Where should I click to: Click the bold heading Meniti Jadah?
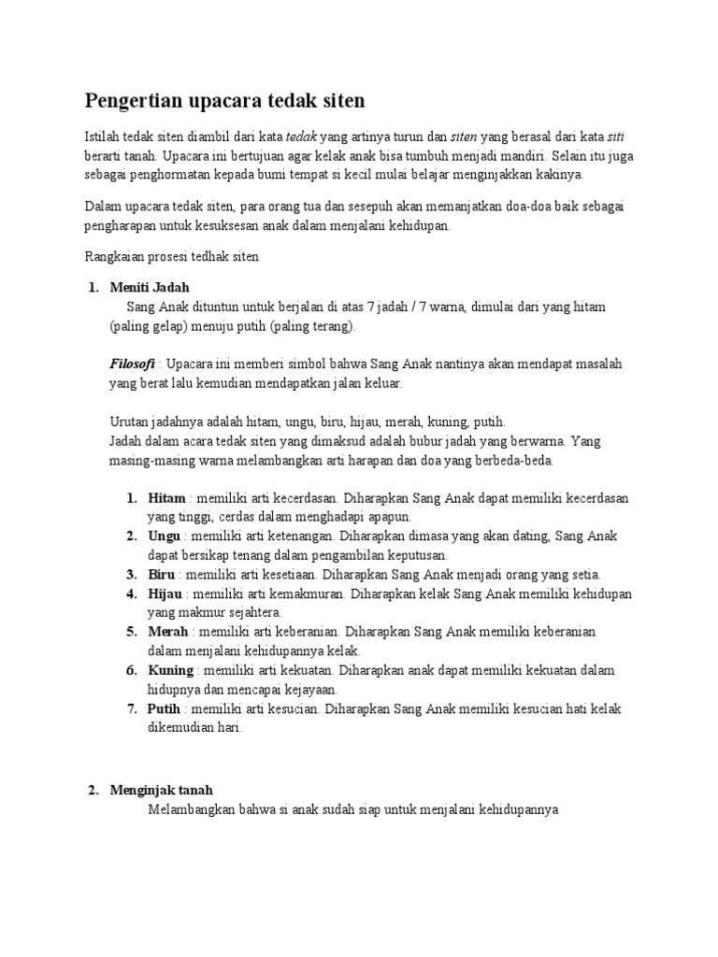150,287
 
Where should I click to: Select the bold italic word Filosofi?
132,364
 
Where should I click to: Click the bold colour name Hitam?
166,498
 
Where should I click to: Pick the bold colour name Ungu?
165,536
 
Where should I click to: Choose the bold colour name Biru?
162,574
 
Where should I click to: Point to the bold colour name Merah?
168,632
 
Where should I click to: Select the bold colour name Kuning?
171,670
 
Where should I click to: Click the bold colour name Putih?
165,708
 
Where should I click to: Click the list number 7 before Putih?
132,708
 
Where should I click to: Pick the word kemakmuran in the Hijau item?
300,593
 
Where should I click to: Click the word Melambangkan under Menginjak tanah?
193,809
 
